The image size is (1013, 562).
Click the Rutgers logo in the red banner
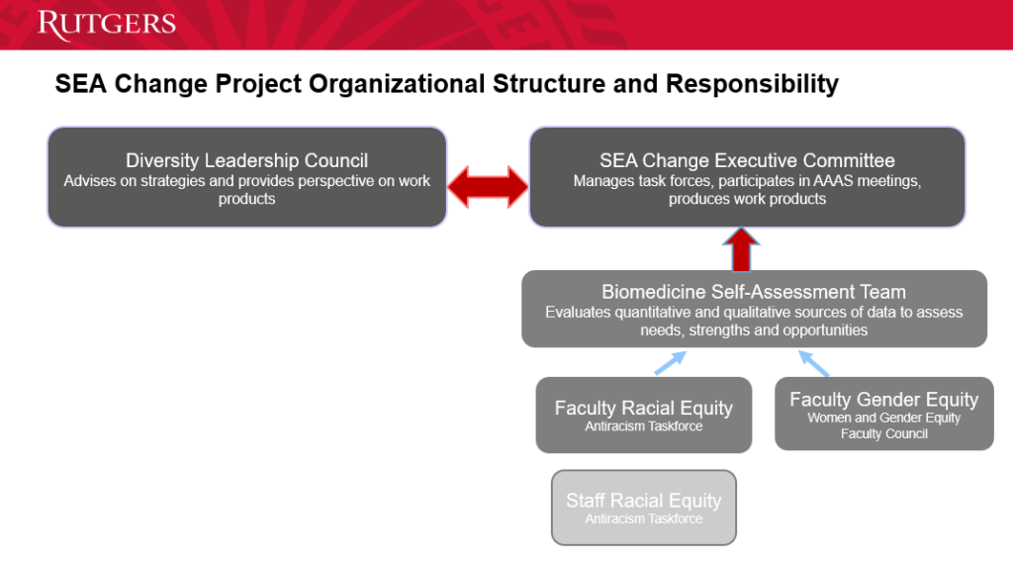click(x=107, y=24)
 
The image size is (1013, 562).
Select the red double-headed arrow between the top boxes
click(x=488, y=187)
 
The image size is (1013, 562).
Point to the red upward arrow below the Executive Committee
click(x=741, y=249)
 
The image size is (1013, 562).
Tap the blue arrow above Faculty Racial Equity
click(x=670, y=362)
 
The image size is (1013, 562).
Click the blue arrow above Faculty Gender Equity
click(x=814, y=363)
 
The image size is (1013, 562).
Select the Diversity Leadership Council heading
click(x=246, y=160)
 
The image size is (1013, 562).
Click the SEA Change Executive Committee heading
click(x=747, y=160)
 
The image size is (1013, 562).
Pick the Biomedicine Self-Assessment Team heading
click(x=753, y=291)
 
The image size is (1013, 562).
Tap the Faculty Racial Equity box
click(x=643, y=415)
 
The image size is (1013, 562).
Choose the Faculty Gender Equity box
click(x=883, y=414)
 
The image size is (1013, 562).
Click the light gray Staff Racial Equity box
click(x=643, y=508)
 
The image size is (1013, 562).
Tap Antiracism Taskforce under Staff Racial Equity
click(x=643, y=518)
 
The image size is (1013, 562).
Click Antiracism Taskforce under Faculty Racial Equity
click(x=643, y=426)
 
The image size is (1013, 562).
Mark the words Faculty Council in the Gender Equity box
click(x=883, y=434)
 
